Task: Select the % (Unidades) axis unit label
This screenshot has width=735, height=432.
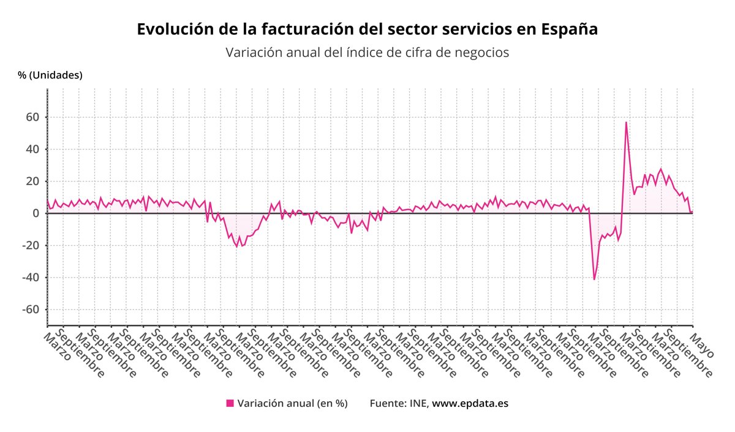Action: point(50,75)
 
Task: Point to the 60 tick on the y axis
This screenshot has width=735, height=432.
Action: point(32,117)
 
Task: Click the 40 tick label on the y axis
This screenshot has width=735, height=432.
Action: point(32,149)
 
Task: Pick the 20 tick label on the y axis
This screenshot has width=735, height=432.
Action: point(32,181)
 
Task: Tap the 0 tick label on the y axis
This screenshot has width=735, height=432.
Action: point(36,213)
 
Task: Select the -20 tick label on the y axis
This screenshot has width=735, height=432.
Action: point(30,246)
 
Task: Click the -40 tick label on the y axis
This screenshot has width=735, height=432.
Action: point(30,278)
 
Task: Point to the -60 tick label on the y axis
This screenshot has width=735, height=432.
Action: point(30,309)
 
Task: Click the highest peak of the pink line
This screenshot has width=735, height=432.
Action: point(626,122)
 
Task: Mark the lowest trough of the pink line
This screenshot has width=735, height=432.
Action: point(594,279)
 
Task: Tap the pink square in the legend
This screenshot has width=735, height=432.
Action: point(230,403)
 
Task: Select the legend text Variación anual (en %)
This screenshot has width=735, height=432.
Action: point(292,403)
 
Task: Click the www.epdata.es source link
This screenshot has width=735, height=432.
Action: point(470,403)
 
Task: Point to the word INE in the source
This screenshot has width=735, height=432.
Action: point(420,403)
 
